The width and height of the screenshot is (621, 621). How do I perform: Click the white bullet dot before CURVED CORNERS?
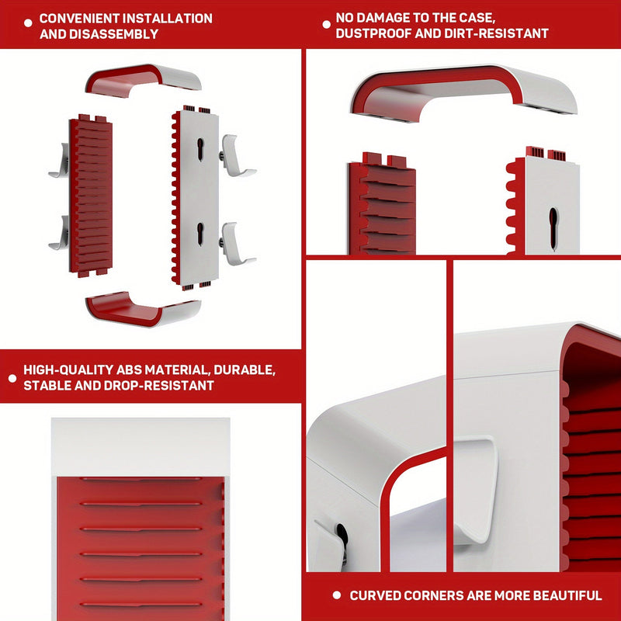click(x=336, y=596)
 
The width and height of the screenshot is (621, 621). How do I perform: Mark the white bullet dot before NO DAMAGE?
click(x=326, y=25)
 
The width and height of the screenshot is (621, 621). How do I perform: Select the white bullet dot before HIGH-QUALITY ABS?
click(x=12, y=378)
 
